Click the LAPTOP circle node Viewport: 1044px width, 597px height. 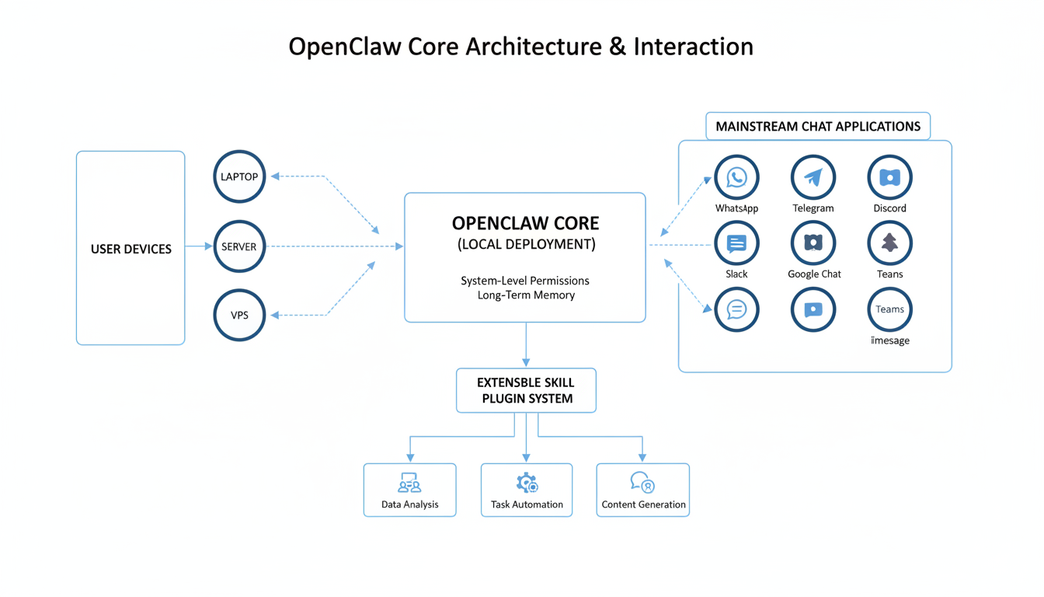pos(239,177)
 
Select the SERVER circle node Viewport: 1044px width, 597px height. pos(239,246)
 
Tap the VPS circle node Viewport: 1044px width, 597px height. pos(239,316)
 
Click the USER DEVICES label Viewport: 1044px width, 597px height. pos(131,250)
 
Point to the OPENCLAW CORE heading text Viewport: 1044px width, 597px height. pos(526,224)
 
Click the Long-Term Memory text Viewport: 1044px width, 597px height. pos(526,295)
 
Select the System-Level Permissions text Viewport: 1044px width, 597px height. pos(525,281)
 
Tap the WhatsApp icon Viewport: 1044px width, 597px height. pos(736,178)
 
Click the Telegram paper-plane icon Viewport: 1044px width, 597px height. pos(813,178)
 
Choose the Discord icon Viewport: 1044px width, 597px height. pos(889,178)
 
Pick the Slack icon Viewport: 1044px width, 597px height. pos(736,244)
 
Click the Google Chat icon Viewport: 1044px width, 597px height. pos(813,244)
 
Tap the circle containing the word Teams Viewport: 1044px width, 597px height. pos(889,309)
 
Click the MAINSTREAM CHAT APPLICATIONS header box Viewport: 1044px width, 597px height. pos(818,126)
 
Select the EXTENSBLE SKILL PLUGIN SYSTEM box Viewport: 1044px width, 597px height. pos(526,390)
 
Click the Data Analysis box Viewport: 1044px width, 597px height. pos(410,491)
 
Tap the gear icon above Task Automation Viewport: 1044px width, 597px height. pos(527,484)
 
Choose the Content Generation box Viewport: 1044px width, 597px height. pos(643,491)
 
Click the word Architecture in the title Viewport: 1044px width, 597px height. pos(534,47)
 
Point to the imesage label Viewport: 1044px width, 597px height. pos(890,340)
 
